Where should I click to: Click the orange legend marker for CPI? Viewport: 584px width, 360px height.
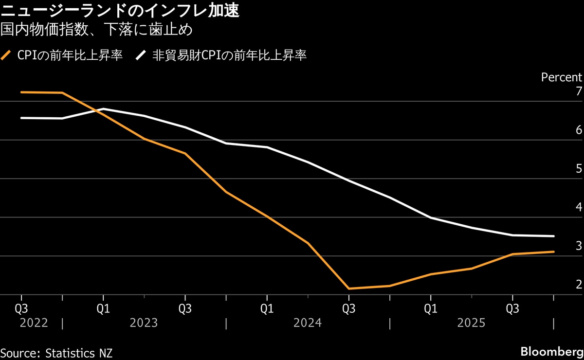(x=6, y=55)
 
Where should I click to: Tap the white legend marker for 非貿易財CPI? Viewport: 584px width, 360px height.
(x=141, y=55)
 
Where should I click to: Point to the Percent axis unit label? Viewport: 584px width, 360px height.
(x=561, y=77)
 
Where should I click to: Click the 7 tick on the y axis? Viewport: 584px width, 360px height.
(x=579, y=91)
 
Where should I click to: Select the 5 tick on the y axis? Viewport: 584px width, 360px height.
(x=579, y=169)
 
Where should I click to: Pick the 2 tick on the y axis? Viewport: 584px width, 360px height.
(x=579, y=285)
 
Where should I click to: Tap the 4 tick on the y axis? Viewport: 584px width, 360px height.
(x=579, y=207)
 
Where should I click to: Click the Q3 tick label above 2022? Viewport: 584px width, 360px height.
(x=21, y=308)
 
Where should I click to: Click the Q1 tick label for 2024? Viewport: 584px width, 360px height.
(x=267, y=308)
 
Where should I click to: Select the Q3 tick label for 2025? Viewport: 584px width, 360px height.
(x=512, y=308)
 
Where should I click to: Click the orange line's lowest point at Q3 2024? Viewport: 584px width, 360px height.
(x=349, y=288)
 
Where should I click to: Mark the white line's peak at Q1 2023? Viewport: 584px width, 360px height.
(x=104, y=109)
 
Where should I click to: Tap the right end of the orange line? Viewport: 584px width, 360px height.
(x=554, y=252)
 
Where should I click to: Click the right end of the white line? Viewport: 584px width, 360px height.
(x=554, y=236)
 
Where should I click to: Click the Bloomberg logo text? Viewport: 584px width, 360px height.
(x=551, y=352)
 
